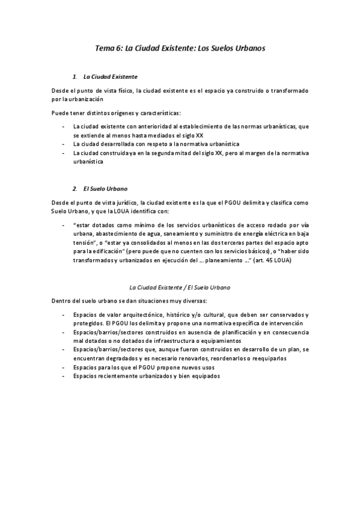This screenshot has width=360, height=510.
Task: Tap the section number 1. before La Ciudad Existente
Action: [75, 77]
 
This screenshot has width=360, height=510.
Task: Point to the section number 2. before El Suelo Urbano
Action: [75, 189]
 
